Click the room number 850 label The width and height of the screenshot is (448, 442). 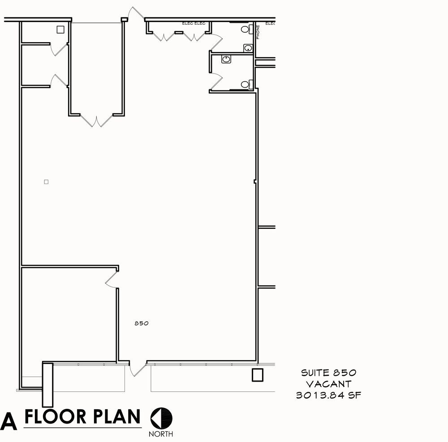(x=142, y=323)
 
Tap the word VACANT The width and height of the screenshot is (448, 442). (x=328, y=384)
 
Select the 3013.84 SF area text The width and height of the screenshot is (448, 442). (x=328, y=395)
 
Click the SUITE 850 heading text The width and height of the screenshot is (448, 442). (x=329, y=373)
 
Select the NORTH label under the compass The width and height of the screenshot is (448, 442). (x=161, y=434)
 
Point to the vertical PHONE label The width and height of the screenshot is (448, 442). (x=258, y=32)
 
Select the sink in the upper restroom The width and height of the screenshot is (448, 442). (x=248, y=48)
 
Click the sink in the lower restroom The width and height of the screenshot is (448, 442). (x=226, y=59)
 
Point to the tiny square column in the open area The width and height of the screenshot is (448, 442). (x=46, y=182)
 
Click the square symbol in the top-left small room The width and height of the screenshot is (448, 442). (x=60, y=30)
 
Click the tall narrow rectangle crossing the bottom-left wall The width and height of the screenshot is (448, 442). (x=48, y=385)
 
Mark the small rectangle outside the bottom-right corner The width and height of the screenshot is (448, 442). (x=258, y=375)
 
